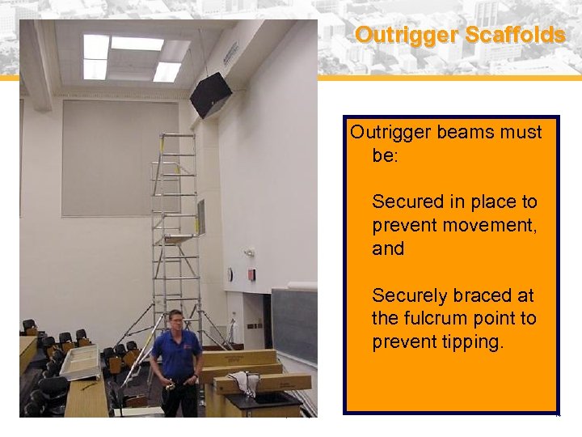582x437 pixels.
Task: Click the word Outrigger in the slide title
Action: [395, 36]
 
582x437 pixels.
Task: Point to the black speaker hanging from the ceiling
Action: [210, 94]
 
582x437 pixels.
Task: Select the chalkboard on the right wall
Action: [293, 324]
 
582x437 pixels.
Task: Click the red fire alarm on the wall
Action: [252, 275]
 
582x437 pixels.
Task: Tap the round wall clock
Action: [230, 275]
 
